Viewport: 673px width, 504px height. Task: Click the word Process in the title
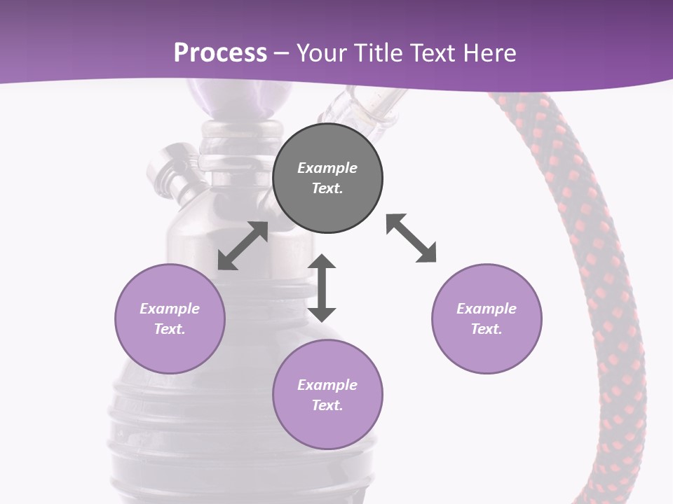pos(220,53)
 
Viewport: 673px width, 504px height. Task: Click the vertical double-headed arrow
pos(322,288)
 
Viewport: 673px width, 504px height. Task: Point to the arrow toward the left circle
pos(243,246)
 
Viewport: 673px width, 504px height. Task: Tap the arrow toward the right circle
pos(412,239)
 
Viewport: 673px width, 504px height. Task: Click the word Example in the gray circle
pos(327,168)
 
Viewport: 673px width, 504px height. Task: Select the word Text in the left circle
pos(169,329)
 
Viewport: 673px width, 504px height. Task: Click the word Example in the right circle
pos(487,309)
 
